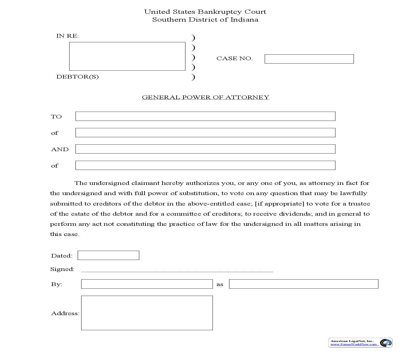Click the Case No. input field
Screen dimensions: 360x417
point(309,59)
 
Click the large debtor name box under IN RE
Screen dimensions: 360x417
point(127,56)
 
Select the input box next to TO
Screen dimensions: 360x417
point(205,116)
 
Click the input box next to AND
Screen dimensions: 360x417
point(205,149)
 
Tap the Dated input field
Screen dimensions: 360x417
point(108,255)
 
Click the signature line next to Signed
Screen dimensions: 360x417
point(177,270)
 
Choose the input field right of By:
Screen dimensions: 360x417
point(147,284)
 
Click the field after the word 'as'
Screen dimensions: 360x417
point(304,284)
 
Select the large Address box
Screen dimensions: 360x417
point(147,313)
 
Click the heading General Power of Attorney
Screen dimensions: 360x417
point(205,97)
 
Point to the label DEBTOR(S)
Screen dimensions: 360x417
point(78,77)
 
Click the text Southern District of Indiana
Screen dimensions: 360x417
point(205,20)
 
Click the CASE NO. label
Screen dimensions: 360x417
point(235,59)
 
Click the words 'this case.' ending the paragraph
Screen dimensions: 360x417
point(65,234)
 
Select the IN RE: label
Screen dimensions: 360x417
point(68,36)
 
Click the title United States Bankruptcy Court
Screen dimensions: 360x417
point(205,12)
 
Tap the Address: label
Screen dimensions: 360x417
point(65,313)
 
